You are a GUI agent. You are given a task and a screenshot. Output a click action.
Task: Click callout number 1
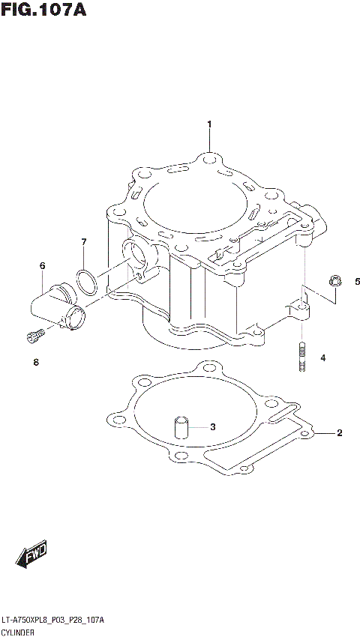(x=210, y=124)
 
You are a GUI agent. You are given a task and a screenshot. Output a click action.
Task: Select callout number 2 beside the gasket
(x=339, y=433)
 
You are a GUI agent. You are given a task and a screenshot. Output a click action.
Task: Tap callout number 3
(x=212, y=427)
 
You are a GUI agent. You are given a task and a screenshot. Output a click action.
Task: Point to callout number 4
(x=323, y=358)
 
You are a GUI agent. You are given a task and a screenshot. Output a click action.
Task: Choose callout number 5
(x=357, y=282)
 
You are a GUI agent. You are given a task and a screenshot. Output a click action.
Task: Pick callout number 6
(x=43, y=266)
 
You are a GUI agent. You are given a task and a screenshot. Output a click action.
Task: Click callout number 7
(x=84, y=242)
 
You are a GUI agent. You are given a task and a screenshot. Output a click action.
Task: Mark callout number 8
(x=35, y=363)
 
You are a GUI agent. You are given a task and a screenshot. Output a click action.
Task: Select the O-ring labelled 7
(x=87, y=281)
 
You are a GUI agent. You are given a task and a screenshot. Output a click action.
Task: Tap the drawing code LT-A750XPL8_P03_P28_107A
(x=52, y=621)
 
